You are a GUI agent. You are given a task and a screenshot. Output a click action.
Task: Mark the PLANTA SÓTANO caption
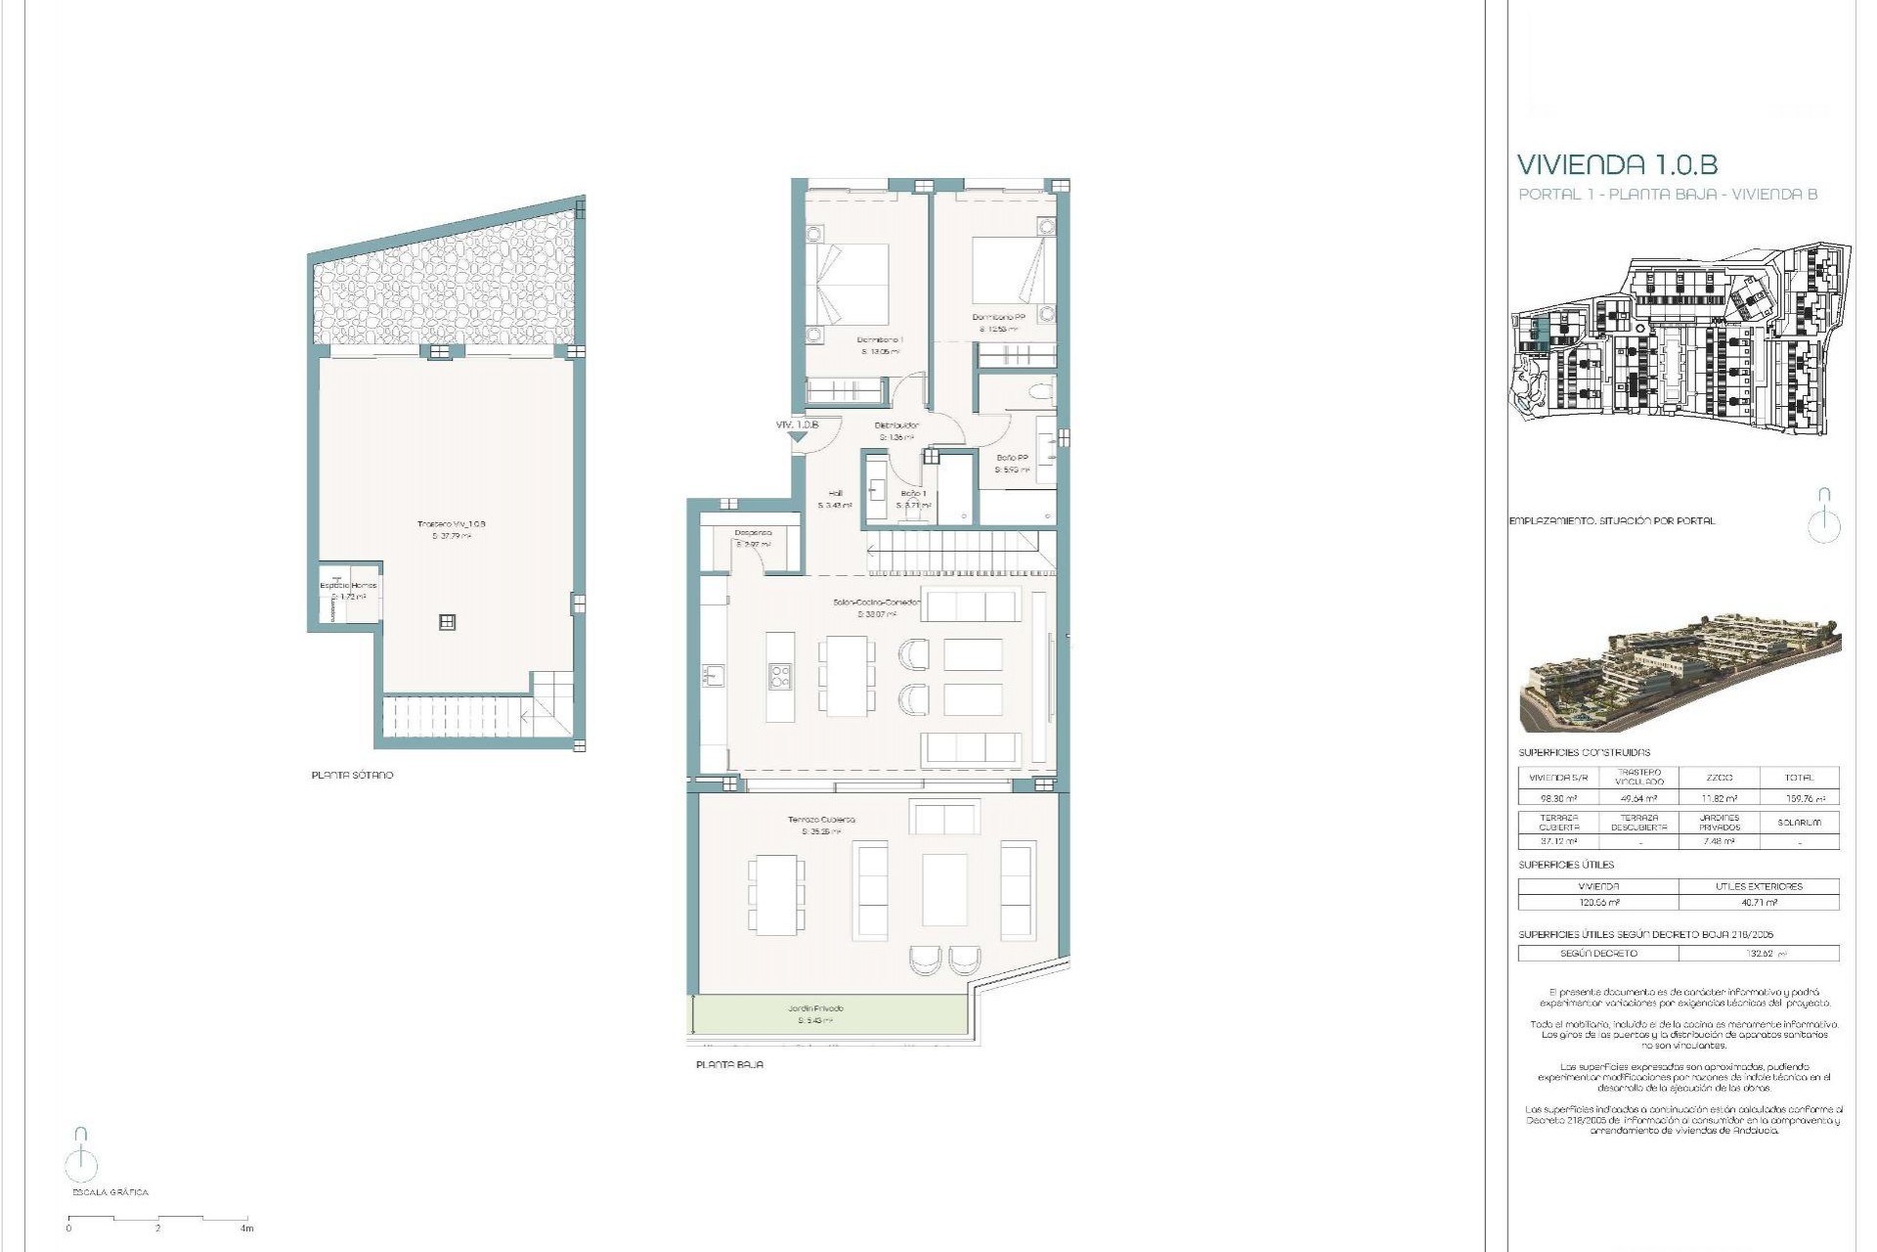[x=352, y=775]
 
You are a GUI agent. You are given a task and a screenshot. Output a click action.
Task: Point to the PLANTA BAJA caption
[x=729, y=1064]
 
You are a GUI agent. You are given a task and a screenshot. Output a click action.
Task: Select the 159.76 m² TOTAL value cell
[x=1799, y=799]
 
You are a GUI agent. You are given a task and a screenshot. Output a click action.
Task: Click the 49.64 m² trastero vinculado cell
[x=1638, y=799]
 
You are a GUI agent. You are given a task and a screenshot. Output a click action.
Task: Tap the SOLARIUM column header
[x=1799, y=823]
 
